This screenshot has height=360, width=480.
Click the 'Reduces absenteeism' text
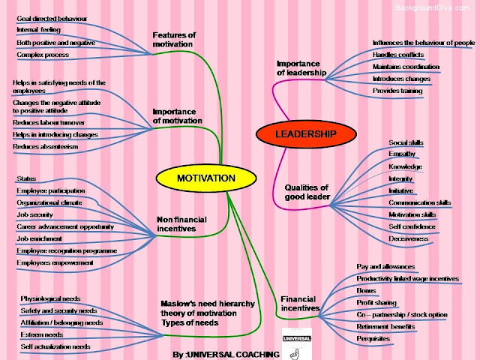[45, 146]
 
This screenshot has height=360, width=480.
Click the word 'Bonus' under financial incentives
[366, 290]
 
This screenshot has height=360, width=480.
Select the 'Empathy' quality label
[402, 154]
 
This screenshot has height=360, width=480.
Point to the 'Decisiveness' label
[409, 238]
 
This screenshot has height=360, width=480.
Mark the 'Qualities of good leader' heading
[307, 193]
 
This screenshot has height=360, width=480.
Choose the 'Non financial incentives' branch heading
[181, 223]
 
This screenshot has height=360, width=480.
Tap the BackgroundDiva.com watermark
[435, 7]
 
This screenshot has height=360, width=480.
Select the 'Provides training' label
[397, 91]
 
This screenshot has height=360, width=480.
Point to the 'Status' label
[26, 178]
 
